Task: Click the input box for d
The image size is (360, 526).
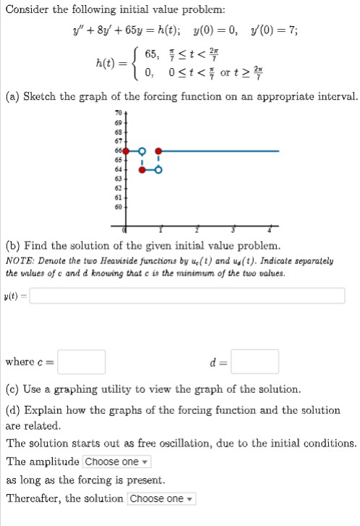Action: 254,361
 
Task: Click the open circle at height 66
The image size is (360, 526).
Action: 142,151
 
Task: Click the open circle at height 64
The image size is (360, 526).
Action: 158,170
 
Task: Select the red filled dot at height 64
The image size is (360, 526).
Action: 142,170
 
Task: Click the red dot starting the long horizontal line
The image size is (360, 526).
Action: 158,151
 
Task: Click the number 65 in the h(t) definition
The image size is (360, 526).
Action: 153,55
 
